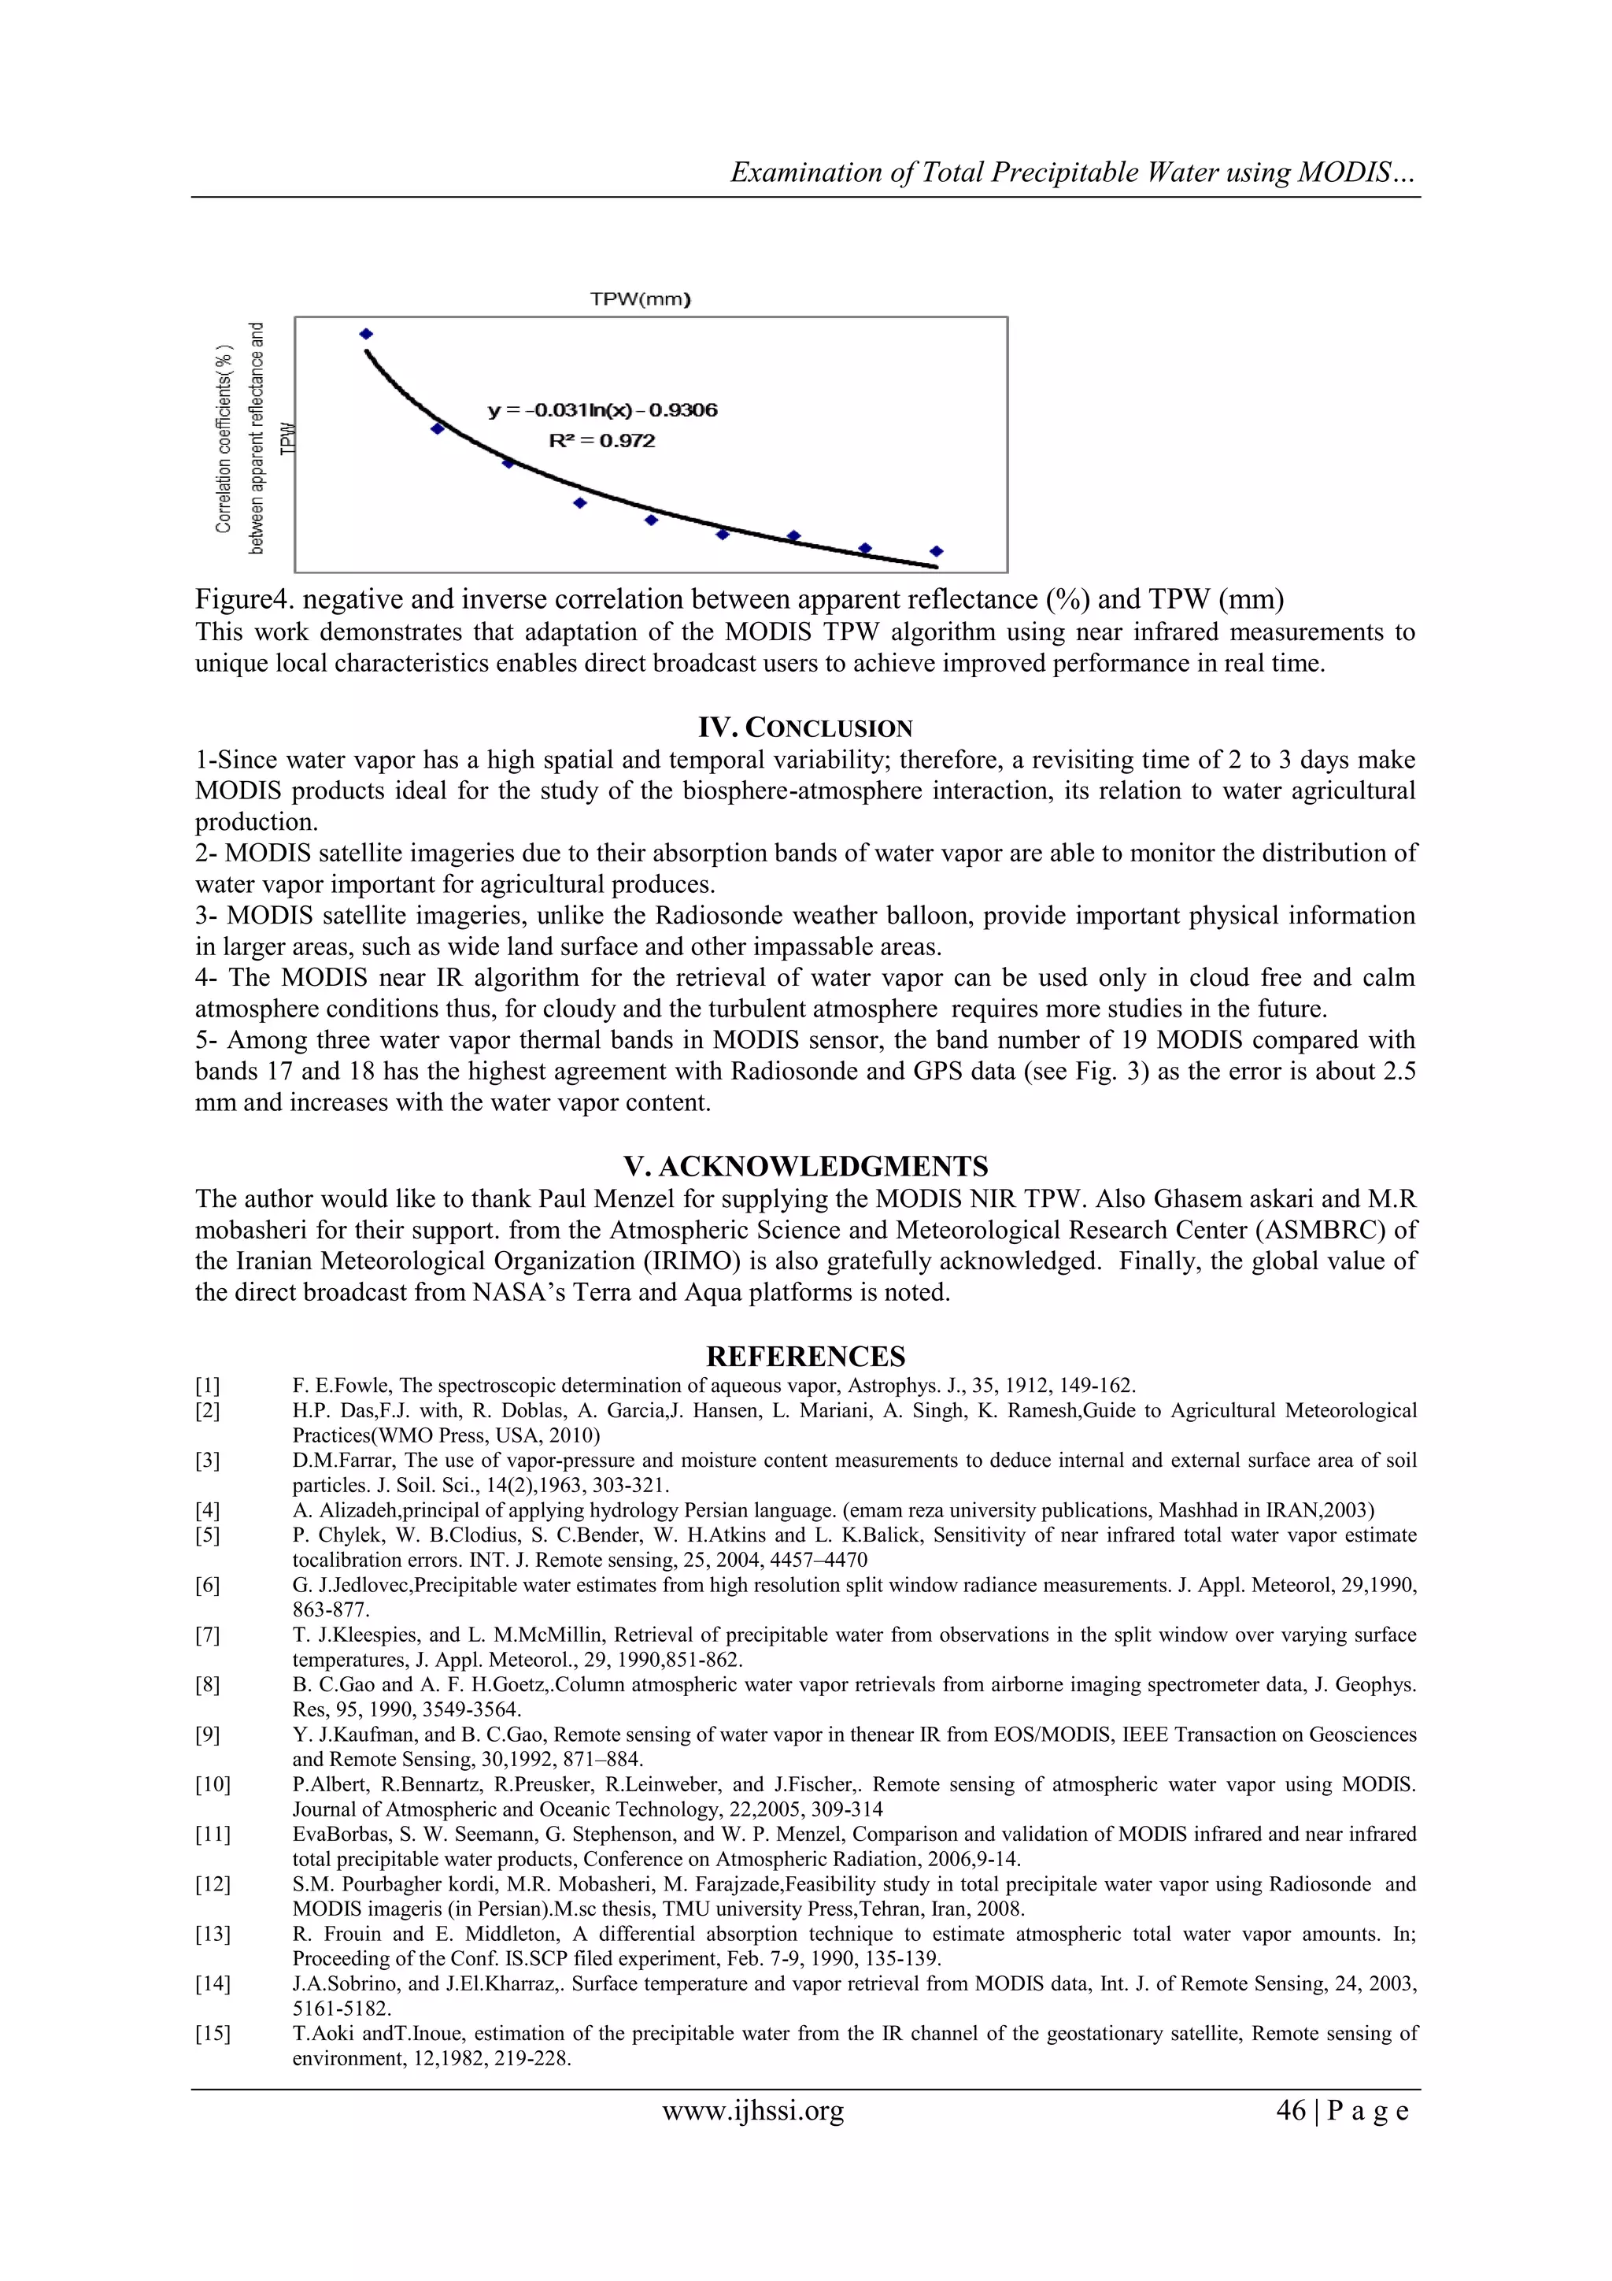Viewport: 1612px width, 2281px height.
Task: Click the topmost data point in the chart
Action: coord(365,334)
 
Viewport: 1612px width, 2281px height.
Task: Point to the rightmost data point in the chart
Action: coord(936,550)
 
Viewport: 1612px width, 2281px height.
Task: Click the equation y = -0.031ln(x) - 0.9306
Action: coord(603,410)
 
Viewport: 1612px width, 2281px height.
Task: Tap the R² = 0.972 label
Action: coord(602,441)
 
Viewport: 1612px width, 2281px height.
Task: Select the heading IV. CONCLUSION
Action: coord(804,728)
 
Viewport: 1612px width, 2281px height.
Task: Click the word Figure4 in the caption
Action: coord(242,600)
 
